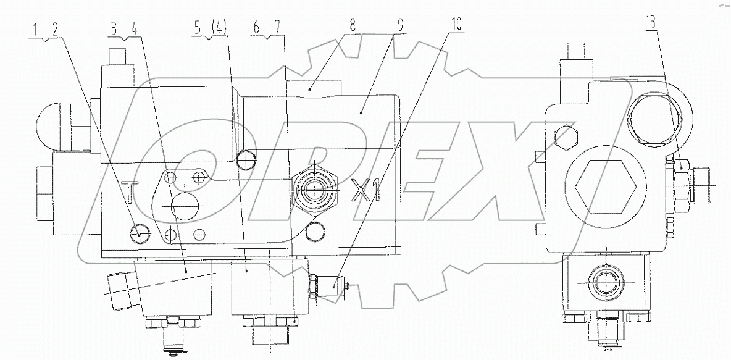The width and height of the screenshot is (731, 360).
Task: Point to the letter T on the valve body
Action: [x=129, y=192]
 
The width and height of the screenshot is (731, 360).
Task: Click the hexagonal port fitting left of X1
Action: [x=315, y=189]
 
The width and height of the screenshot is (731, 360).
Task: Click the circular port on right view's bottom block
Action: [x=605, y=282]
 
